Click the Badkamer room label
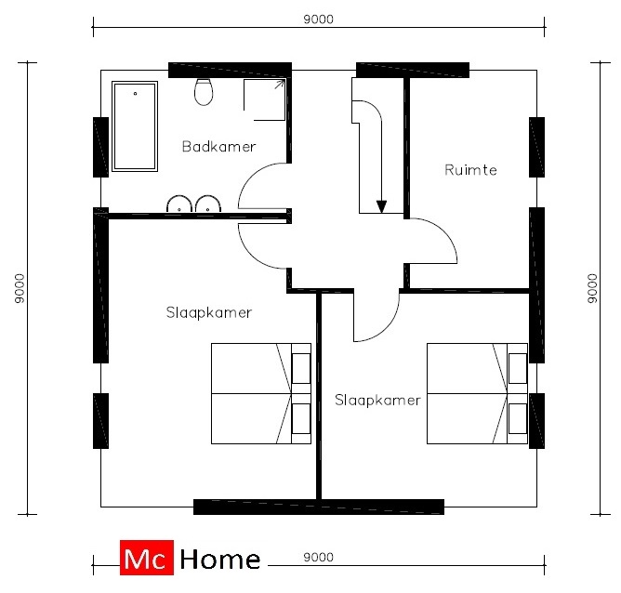click(218, 147)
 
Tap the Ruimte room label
click(470, 170)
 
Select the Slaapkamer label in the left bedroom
click(209, 312)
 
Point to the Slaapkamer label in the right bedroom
click(377, 400)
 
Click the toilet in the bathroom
click(204, 91)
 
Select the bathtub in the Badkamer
click(135, 126)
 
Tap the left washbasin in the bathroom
click(179, 204)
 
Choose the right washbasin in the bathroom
click(208, 204)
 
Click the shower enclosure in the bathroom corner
click(264, 99)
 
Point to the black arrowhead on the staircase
click(381, 207)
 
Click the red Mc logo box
click(147, 558)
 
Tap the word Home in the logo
click(220, 559)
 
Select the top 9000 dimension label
click(319, 19)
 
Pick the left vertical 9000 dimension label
click(19, 288)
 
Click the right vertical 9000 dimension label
click(592, 288)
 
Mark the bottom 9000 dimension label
click(319, 557)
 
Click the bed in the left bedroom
click(261, 393)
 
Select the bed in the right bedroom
click(477, 393)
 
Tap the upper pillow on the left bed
click(301, 369)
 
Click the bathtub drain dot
click(135, 94)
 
